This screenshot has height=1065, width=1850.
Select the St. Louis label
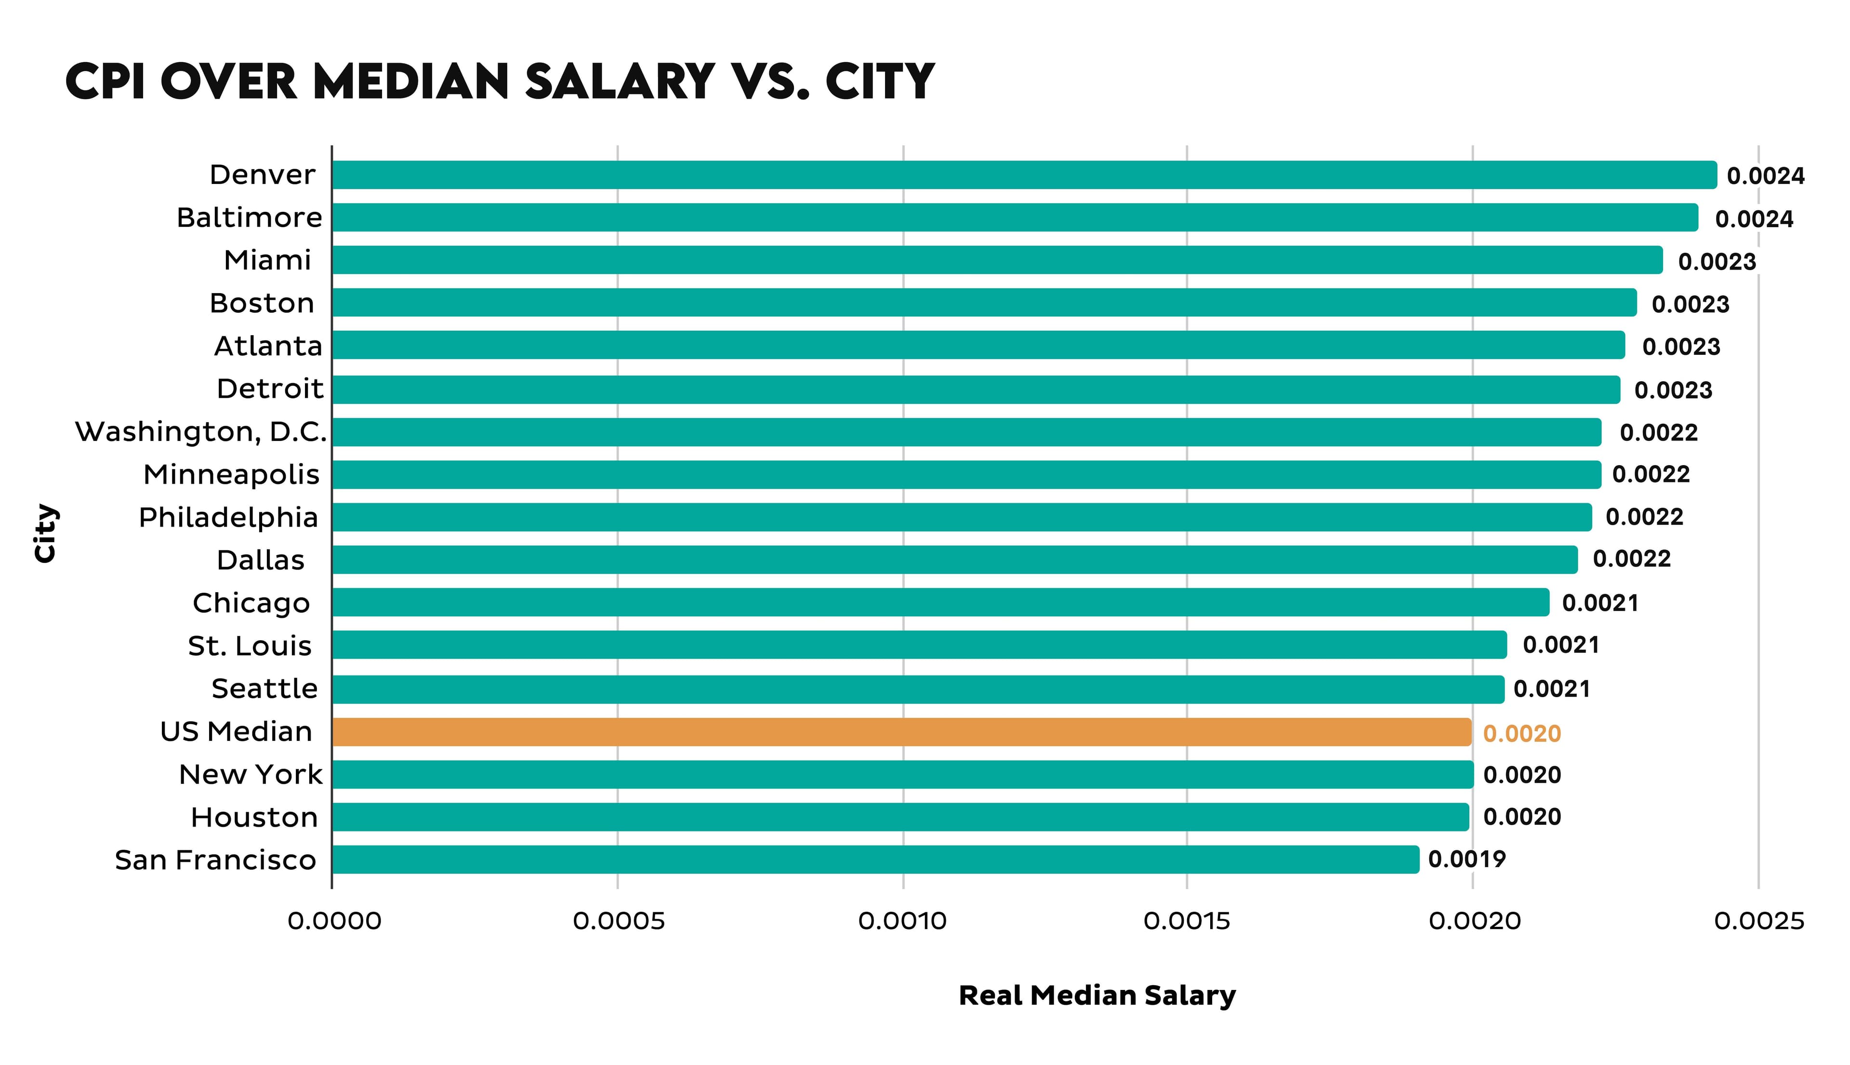pos(250,646)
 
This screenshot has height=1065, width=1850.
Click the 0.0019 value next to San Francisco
pos(1467,859)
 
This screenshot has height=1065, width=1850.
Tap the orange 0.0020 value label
pos(1521,734)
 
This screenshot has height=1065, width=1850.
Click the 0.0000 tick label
pos(334,922)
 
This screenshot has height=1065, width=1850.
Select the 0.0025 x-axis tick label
pos(1758,922)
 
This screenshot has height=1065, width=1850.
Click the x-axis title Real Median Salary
pos(1096,996)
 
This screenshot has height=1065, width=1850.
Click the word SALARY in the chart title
pos(619,81)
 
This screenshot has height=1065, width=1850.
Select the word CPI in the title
pos(107,81)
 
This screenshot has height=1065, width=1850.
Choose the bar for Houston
pos(899,817)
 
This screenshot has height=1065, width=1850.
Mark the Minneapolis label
pos(231,475)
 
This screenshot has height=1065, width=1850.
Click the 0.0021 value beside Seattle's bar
pos(1551,689)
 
